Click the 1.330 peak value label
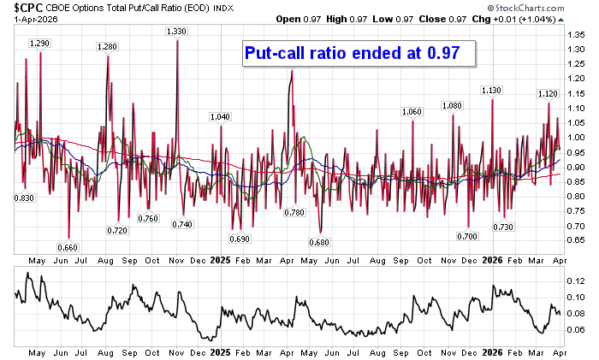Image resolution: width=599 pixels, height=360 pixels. click(176, 31)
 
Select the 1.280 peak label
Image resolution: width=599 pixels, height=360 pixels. click(108, 46)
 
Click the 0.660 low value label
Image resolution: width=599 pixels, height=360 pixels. click(68, 247)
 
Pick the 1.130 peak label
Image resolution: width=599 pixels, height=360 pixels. click(491, 90)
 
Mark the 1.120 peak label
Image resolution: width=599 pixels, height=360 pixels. click(548, 93)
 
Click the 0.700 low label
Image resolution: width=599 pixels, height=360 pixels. click(467, 236)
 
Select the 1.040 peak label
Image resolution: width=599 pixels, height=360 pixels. click(220, 116)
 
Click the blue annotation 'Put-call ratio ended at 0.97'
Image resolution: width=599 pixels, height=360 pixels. click(353, 52)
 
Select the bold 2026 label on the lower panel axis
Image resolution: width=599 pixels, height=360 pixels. click(491, 351)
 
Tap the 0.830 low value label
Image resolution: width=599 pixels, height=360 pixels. click(24, 198)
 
